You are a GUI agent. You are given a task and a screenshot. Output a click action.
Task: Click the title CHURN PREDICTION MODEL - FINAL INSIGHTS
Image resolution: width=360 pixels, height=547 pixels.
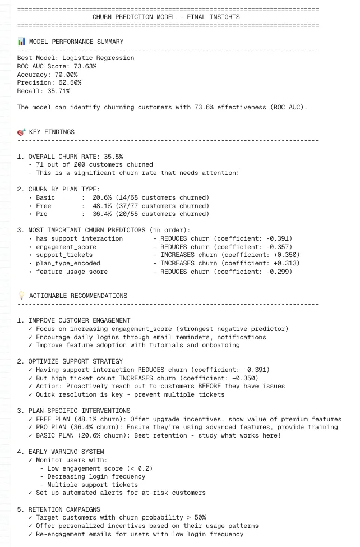point(165,17)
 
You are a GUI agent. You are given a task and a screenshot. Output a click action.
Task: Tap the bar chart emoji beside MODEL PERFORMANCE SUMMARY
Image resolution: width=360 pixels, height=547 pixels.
point(21,42)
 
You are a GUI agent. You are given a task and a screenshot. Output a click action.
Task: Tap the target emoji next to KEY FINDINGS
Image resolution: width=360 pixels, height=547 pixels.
point(21,132)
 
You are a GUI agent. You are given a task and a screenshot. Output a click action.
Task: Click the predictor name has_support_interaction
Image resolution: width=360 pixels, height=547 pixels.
point(79,238)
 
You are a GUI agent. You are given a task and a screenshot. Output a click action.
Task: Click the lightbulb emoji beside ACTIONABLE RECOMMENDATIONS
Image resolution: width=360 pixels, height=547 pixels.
point(21,296)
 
